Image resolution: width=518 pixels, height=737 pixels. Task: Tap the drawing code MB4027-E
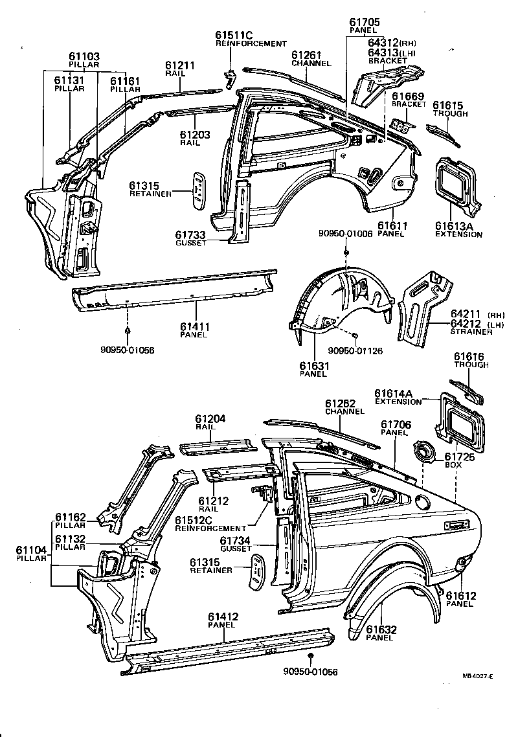477,676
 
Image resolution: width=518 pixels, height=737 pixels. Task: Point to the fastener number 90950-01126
355,350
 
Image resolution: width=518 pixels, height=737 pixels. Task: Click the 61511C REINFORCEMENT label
251,39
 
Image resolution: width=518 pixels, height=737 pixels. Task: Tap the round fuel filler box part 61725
424,450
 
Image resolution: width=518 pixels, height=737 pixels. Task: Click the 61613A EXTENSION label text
458,230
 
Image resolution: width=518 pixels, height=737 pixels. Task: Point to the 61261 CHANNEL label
311,59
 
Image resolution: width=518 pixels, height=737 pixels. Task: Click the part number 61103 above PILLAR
85,56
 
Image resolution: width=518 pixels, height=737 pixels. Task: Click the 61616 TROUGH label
471,360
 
